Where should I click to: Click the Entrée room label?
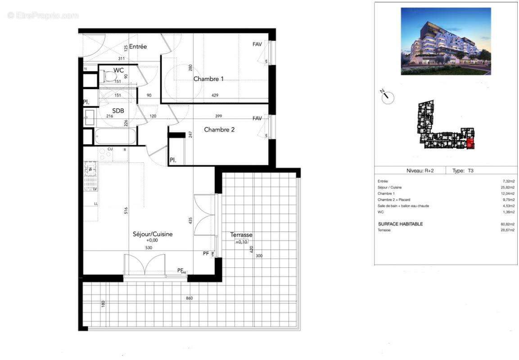pos(138,47)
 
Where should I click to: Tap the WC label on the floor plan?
pos(118,70)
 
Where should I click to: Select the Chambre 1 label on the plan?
pos(208,79)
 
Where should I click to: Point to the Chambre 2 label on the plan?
pos(219,130)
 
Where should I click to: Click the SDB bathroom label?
pos(118,111)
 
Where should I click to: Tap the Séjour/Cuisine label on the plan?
pos(153,234)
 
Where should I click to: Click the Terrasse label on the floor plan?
pos(241,235)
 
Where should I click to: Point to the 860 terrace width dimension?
pos(189,298)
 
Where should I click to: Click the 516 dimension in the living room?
pos(126,210)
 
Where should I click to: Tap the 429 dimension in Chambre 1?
pos(215,95)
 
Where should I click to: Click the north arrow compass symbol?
pos(387,97)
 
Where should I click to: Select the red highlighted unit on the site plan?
pos(470,144)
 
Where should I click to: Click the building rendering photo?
pos(446,41)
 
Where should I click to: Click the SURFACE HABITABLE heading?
pos(400,224)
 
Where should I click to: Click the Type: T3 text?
pos(463,171)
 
